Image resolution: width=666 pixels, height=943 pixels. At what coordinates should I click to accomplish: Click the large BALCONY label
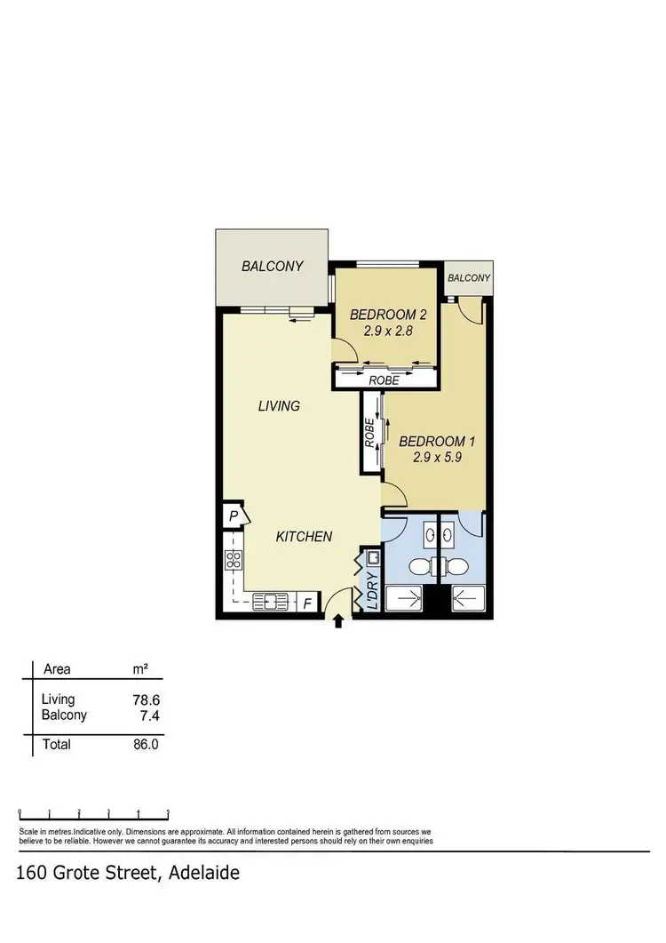point(273,266)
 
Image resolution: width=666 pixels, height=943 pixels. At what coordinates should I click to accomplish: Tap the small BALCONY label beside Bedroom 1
point(468,278)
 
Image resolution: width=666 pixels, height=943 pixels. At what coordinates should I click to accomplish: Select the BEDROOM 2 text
point(389,315)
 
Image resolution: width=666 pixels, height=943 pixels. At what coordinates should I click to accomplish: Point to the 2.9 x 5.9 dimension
point(435,459)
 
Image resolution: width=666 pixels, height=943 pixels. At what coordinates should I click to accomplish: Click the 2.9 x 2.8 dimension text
point(389,332)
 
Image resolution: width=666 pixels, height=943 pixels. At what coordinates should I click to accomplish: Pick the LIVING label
point(279,406)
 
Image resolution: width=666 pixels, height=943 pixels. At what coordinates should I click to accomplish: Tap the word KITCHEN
point(304,537)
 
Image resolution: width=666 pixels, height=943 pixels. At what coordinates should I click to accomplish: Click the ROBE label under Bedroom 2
point(384,380)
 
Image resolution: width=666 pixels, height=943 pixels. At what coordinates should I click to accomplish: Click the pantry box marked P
point(232,516)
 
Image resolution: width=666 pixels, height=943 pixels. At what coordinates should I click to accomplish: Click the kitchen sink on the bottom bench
point(267,603)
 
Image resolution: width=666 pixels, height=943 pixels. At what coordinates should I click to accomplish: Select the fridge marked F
point(307,603)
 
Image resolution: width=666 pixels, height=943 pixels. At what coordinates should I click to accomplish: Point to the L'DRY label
point(372,589)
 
